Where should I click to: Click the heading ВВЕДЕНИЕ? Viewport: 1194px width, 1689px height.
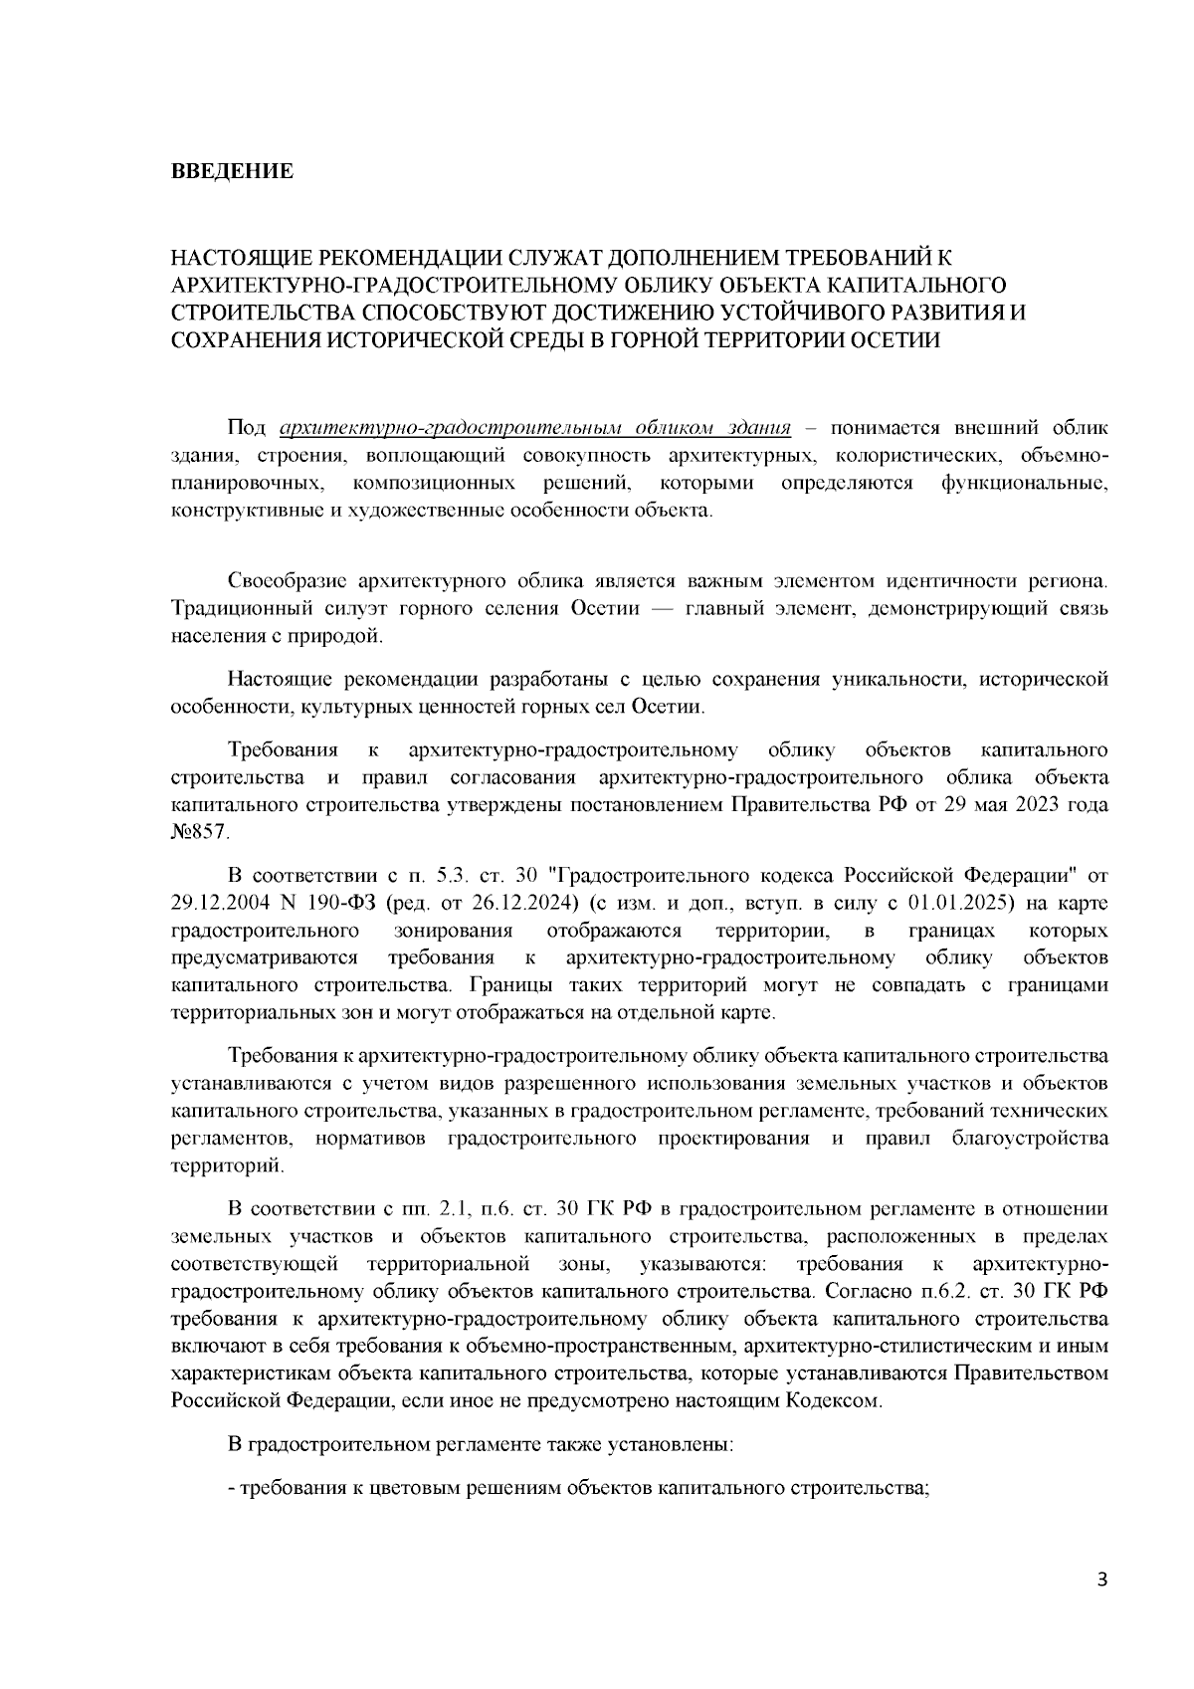[233, 171]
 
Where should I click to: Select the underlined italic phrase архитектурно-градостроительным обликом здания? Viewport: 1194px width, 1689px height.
[536, 428]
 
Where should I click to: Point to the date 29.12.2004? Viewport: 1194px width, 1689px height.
[218, 903]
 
